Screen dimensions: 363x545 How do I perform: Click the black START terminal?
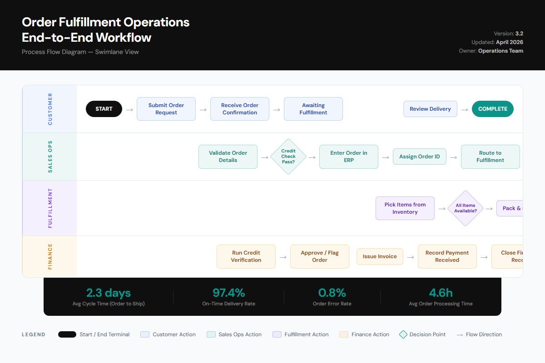(104, 109)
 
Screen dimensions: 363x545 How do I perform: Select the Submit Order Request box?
(166, 109)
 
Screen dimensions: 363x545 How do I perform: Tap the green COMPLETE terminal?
(493, 109)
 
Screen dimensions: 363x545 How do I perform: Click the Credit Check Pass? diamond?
(288, 157)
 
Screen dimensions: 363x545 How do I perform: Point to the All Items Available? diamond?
(466, 208)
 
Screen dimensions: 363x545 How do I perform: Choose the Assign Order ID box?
(420, 157)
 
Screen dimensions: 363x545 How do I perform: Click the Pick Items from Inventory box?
(405, 208)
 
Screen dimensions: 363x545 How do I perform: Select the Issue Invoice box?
(380, 256)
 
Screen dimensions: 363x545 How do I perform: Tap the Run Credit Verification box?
(246, 256)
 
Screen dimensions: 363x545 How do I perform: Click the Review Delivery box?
(430, 109)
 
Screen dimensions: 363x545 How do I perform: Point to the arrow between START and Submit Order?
(129, 109)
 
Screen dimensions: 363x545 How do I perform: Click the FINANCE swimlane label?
(50, 256)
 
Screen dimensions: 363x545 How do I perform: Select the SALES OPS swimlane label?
(50, 157)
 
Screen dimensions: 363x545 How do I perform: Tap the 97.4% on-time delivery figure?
(228, 293)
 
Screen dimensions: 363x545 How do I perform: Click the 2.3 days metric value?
(109, 293)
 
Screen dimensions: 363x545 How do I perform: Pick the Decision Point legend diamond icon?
(403, 334)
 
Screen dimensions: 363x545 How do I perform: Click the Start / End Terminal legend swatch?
(67, 334)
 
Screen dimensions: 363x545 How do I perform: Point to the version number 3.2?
(519, 34)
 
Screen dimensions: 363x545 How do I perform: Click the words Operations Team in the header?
(500, 51)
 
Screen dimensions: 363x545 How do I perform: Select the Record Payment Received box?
(447, 256)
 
